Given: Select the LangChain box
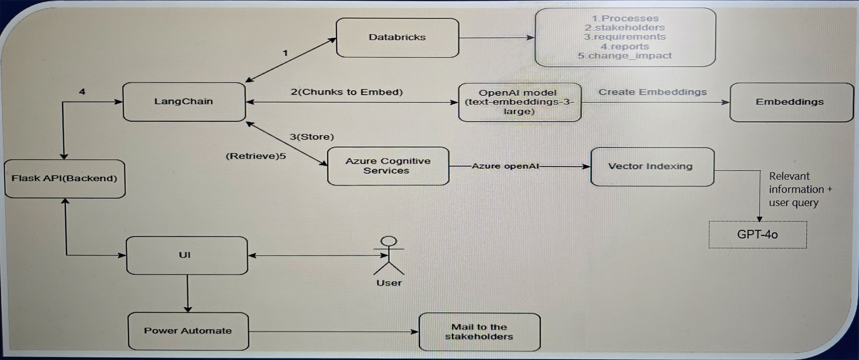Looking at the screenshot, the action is [x=184, y=102].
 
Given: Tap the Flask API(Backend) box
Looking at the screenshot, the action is [x=65, y=179].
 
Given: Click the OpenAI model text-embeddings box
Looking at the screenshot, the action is [x=520, y=102].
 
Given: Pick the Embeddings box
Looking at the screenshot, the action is [x=791, y=102].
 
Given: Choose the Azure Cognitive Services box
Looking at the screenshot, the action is [x=388, y=166].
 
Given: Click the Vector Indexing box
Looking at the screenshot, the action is [x=652, y=167].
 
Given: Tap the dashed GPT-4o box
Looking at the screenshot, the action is [x=758, y=235].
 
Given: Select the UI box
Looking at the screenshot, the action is [x=187, y=255].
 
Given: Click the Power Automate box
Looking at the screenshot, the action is [x=188, y=331].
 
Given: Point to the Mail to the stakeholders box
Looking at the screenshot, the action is [x=480, y=332].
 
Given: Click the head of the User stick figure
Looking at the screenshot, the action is [x=389, y=241].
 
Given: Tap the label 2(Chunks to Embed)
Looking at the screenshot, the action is [x=347, y=92].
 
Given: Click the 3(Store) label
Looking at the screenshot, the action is [x=312, y=137].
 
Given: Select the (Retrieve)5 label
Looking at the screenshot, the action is [x=256, y=156].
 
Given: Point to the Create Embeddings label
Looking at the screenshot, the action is [x=652, y=92].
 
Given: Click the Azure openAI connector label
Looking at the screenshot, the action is [x=505, y=166].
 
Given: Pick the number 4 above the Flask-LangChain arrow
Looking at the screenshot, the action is [x=82, y=91].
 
